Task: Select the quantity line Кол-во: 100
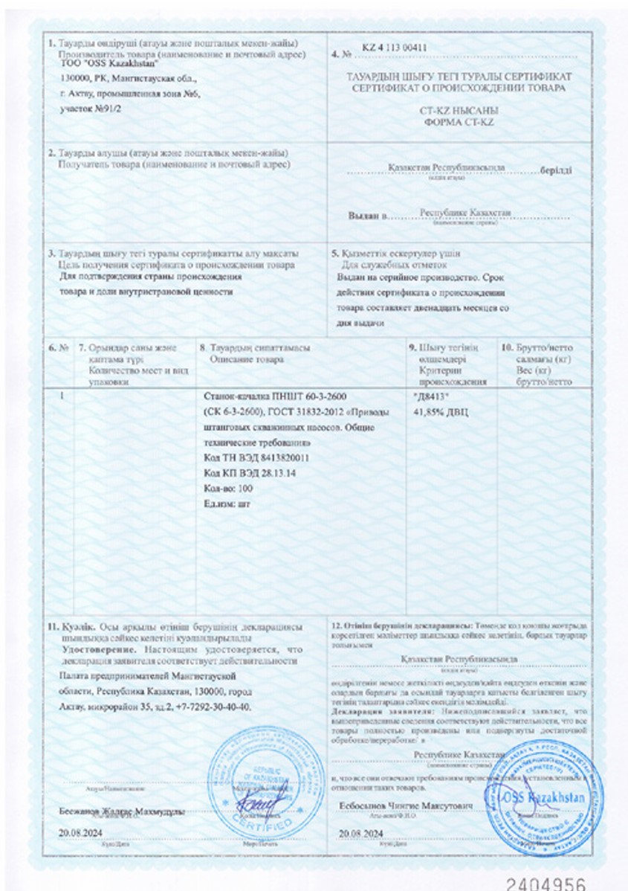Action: (x=227, y=489)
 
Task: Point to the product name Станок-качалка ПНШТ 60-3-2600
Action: (x=264, y=395)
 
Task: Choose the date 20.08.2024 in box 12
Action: (x=363, y=832)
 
